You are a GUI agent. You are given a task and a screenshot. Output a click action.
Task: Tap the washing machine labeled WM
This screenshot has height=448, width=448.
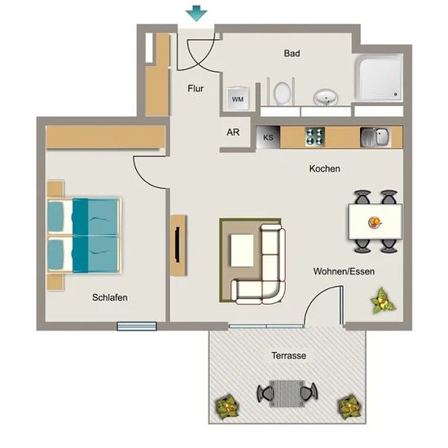point(238,99)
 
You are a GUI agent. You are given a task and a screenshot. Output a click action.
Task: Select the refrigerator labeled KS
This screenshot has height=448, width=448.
point(268,138)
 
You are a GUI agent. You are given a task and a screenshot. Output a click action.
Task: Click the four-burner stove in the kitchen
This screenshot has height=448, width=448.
point(315,137)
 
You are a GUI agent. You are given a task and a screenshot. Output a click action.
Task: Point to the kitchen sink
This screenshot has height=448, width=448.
point(376,137)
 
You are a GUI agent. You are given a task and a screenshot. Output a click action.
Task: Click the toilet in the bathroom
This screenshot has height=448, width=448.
point(281,92)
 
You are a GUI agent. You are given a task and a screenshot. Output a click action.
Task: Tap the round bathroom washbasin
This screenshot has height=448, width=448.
point(326,98)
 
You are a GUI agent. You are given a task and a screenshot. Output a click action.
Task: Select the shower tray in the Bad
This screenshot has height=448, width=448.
point(379,77)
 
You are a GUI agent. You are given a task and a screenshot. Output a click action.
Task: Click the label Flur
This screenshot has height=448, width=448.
point(195,89)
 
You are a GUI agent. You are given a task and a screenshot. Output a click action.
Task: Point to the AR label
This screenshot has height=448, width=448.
point(233,132)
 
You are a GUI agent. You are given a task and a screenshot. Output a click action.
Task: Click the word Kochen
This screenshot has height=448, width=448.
point(324,169)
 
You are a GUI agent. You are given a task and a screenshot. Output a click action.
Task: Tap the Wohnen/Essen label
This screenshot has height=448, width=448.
point(344,271)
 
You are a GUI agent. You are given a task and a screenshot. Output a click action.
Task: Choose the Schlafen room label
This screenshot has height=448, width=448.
point(110,297)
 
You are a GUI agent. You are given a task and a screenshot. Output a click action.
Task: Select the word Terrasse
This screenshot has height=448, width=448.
point(288,355)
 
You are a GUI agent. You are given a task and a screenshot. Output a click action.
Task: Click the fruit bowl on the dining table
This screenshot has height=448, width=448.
point(376,222)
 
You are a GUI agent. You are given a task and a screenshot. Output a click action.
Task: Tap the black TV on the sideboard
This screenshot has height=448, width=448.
point(178,244)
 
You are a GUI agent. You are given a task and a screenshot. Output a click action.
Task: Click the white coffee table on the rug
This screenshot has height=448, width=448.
point(242,251)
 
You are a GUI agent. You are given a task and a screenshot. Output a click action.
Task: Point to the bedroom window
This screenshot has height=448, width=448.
point(137,326)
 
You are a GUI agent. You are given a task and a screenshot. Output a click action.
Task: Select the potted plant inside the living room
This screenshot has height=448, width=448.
point(382,301)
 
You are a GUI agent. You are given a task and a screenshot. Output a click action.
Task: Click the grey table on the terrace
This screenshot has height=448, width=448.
point(287,393)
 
